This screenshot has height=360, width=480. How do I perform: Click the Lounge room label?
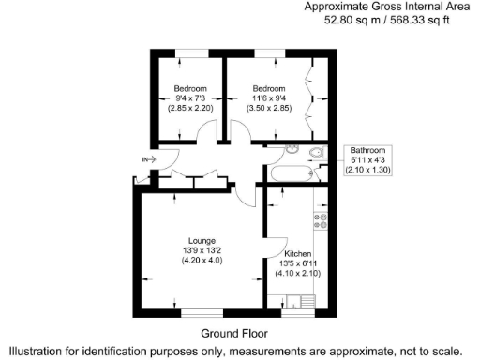click(x=201, y=240)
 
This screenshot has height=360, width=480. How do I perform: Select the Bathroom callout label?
click(x=367, y=150)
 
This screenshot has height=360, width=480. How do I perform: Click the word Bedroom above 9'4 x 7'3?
click(x=190, y=87)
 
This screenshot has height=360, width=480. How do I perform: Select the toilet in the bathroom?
click(x=317, y=152)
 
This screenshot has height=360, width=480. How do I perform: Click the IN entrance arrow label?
click(x=145, y=160)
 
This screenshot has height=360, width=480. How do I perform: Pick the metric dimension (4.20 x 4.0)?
click(x=201, y=261)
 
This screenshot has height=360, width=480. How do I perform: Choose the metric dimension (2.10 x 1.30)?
click(x=367, y=171)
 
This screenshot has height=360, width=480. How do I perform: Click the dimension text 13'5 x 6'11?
click(x=299, y=263)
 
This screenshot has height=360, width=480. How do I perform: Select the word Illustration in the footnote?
click(x=37, y=350)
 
